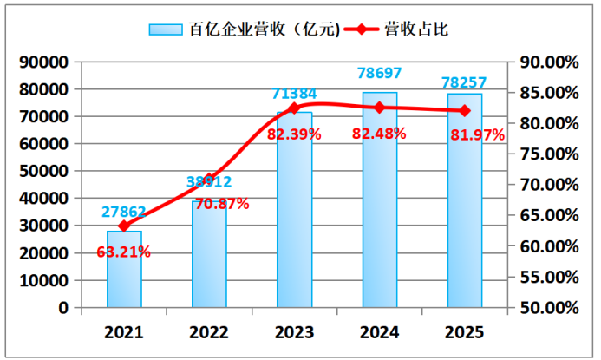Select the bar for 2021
click(x=124, y=269)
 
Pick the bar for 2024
click(x=379, y=200)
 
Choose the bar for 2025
click(x=464, y=200)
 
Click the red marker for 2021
click(x=124, y=226)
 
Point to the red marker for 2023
click(x=294, y=108)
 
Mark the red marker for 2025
click(x=464, y=110)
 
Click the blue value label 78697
click(x=379, y=72)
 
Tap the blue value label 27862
click(x=124, y=212)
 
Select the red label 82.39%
click(x=294, y=134)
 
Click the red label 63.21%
click(x=123, y=252)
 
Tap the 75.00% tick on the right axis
click(x=547, y=154)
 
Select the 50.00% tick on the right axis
click(x=547, y=308)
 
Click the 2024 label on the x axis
click(x=379, y=332)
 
